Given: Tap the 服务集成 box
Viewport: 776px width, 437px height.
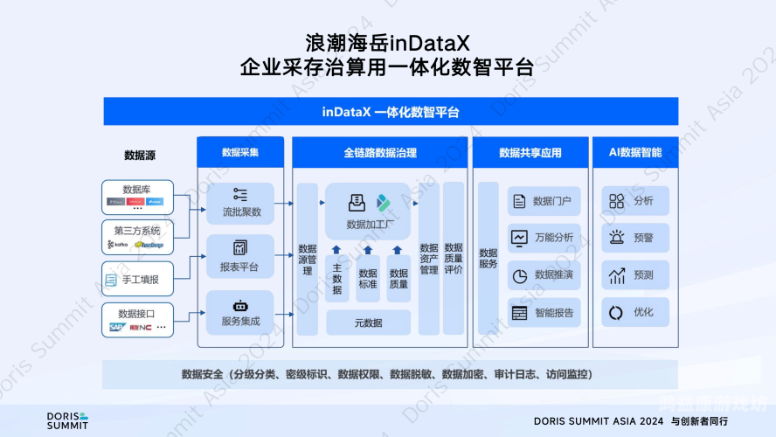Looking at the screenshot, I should coord(240,313).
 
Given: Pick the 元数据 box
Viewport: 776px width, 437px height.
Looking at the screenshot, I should coord(368,323).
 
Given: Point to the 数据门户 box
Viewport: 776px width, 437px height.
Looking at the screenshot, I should coord(544,202).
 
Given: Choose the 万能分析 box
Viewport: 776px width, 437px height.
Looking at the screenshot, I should coord(544,238).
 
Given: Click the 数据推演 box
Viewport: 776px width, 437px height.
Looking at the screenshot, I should coord(544,275).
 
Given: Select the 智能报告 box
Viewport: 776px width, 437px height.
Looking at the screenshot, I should coord(544,313).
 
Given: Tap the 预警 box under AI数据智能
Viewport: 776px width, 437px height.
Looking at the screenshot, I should coord(634,238).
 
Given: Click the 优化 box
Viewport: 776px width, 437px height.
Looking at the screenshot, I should coord(634,313).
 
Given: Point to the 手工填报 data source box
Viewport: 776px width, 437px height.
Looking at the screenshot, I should coord(137,280).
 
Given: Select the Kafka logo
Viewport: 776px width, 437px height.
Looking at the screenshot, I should coord(116,245).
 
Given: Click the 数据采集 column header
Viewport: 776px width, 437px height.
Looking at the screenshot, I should coord(240,152).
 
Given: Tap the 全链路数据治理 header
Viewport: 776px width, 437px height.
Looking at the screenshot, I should coord(380,152).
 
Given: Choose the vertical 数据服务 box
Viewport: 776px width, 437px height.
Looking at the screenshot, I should coord(488,259).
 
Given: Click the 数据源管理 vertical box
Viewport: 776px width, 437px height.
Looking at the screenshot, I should coord(307,259).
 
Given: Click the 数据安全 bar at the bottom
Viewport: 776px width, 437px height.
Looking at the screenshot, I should coord(387,374).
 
